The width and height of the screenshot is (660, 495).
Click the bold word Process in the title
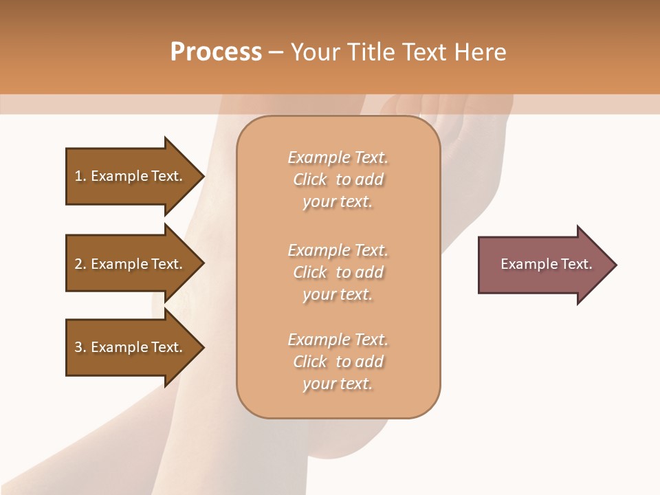click(216, 52)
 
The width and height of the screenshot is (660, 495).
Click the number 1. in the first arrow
click(80, 176)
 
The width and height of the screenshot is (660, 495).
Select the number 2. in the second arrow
click(80, 264)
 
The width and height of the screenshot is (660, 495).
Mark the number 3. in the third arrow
click(80, 347)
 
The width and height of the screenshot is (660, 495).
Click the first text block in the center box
click(338, 179)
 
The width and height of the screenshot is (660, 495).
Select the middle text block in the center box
click(338, 272)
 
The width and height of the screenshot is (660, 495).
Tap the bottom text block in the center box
click(338, 362)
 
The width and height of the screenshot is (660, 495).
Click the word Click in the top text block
click(310, 179)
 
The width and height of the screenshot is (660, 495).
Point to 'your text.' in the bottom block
click(338, 384)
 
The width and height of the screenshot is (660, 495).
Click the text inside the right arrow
click(547, 264)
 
